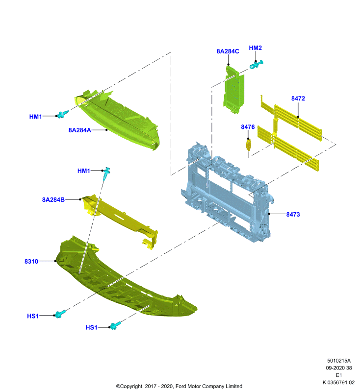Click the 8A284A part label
click(x=79, y=130)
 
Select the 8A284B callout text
click(x=53, y=200)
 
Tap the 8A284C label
click(x=228, y=51)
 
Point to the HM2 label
click(x=255, y=48)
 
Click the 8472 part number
click(x=298, y=98)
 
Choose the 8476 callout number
click(x=248, y=127)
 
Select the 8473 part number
click(x=293, y=214)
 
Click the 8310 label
click(x=31, y=262)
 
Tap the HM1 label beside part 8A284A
click(x=35, y=117)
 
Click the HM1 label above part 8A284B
click(x=83, y=171)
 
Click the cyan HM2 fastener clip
click(x=257, y=65)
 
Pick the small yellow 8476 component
click(x=249, y=145)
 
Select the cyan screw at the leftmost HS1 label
click(x=60, y=314)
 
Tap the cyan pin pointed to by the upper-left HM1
click(x=63, y=114)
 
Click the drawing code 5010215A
click(x=339, y=361)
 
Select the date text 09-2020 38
click(x=339, y=368)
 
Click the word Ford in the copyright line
click(x=180, y=386)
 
